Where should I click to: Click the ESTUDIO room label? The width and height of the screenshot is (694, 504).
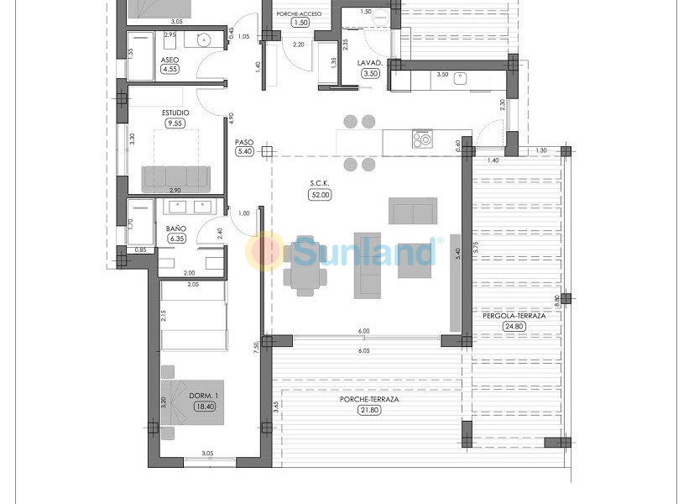175,112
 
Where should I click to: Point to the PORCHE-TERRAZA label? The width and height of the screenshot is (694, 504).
368,399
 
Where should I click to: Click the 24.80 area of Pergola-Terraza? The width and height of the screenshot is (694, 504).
513,327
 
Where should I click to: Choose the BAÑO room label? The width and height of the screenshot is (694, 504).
175,228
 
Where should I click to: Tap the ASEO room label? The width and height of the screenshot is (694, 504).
170,60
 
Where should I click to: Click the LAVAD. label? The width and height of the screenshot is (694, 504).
370,63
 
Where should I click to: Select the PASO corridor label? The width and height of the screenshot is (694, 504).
244,142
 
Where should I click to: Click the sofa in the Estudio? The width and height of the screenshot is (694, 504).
175,177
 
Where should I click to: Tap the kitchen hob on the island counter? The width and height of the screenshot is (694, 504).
421,139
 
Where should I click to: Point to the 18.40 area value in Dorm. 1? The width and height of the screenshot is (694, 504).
204,407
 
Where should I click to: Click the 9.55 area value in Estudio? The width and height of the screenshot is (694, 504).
175,123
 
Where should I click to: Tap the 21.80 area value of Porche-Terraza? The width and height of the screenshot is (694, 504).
368,409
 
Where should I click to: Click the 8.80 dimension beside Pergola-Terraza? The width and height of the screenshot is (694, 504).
557,298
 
